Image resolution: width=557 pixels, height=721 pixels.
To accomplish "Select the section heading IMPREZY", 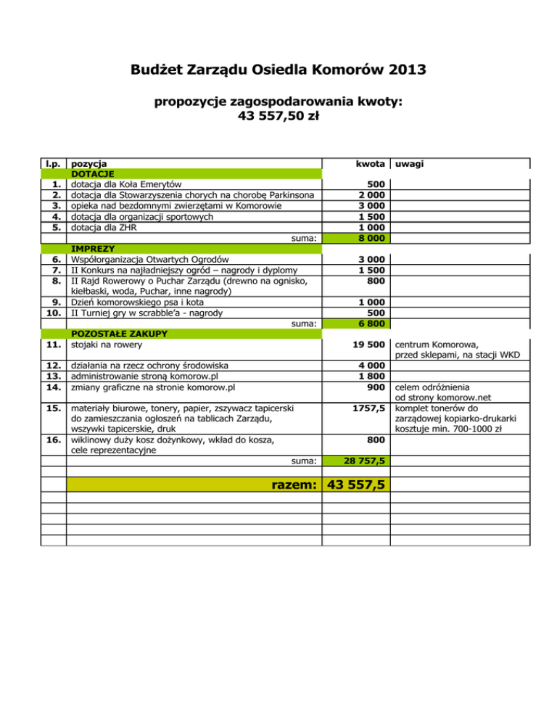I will [x=91, y=248].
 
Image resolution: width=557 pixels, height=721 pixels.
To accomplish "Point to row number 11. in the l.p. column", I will [x=52, y=345].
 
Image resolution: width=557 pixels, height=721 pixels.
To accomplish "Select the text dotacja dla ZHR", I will [x=104, y=227].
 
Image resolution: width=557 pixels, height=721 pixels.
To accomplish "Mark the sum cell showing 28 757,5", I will [x=360, y=461].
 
